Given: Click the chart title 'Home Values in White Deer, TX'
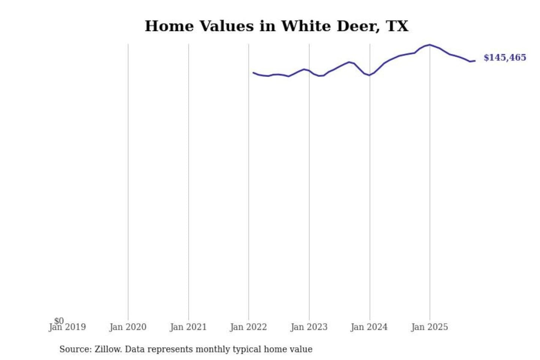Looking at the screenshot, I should (x=276, y=26).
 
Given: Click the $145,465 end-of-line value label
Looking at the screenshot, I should (x=505, y=57).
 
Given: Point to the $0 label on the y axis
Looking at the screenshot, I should (x=59, y=321).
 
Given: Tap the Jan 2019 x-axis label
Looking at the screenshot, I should (x=67, y=327).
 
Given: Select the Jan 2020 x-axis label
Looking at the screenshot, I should (x=128, y=327).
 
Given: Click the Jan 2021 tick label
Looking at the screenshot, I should (x=188, y=327).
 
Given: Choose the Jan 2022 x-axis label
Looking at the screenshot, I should (x=248, y=327).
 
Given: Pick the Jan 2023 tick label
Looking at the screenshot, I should (x=309, y=327).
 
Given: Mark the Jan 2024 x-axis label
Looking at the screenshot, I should (x=369, y=327).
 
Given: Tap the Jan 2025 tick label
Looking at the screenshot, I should (x=429, y=327).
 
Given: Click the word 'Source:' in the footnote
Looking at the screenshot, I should (x=75, y=349).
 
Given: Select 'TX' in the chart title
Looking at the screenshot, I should (x=397, y=26).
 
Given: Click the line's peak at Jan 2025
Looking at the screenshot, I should (x=430, y=45).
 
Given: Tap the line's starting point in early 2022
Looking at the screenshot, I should (x=253, y=73).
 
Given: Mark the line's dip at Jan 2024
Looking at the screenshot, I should (x=369, y=75).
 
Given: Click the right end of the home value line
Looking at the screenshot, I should (x=475, y=61).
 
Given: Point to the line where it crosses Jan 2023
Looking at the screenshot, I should (x=309, y=71).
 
